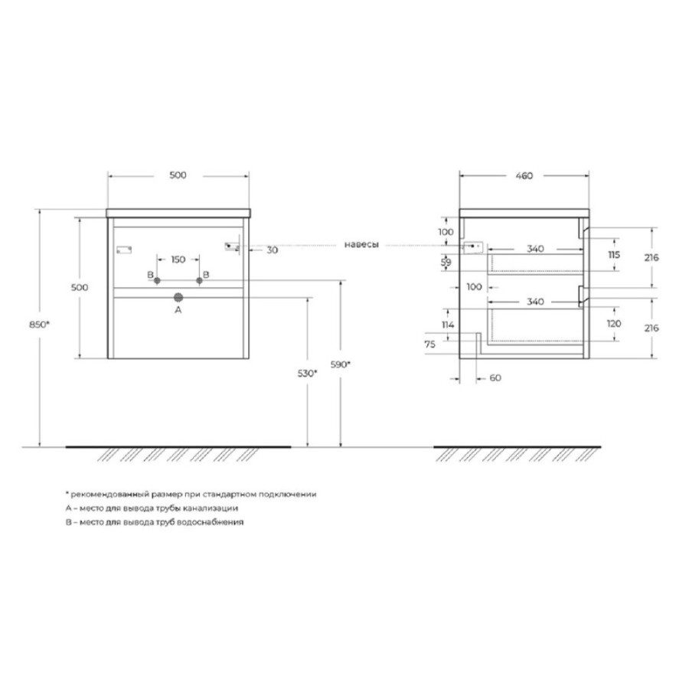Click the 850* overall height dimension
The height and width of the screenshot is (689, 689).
tap(39, 325)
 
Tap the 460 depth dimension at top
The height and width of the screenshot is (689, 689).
tap(524, 176)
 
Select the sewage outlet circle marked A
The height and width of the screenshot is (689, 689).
tap(178, 298)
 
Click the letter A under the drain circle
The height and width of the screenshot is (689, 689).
tap(178, 310)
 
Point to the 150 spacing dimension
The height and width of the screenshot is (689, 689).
tap(178, 260)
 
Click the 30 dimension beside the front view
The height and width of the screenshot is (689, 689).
tap(273, 250)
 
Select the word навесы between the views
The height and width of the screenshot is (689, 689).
tap(361, 245)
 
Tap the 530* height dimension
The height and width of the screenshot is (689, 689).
tap(308, 374)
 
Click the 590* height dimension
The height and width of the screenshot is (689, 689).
tap(341, 364)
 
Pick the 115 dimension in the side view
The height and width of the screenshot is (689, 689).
tap(614, 255)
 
